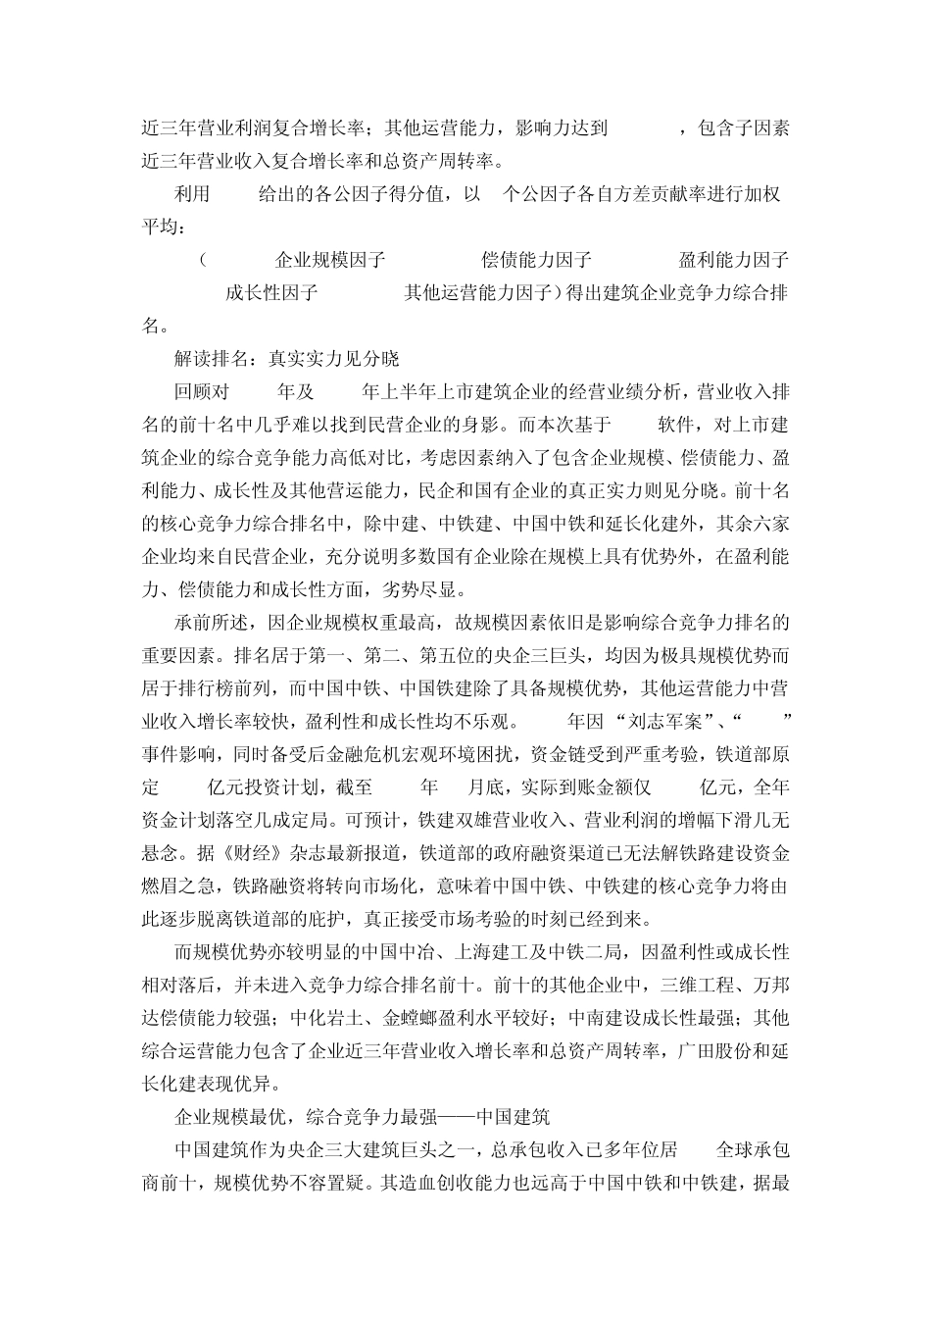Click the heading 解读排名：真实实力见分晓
(286, 359)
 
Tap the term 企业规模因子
(329, 260)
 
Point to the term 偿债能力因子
(536, 260)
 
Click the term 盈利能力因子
(733, 260)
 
